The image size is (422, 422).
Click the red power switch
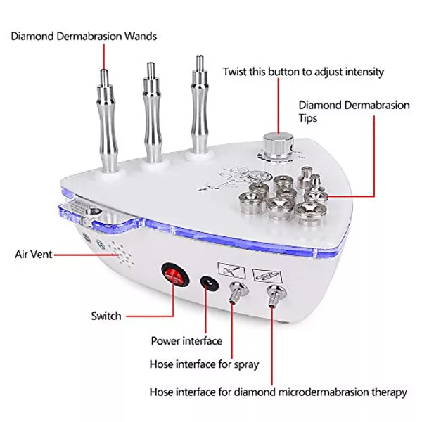click(174, 275)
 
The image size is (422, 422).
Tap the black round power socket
click(208, 283)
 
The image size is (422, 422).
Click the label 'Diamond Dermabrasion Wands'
click(84, 35)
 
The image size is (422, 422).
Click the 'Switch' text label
click(106, 316)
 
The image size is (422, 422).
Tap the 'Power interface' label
click(186, 341)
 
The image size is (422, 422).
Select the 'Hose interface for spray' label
click(205, 364)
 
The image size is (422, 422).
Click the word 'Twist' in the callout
click(234, 71)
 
